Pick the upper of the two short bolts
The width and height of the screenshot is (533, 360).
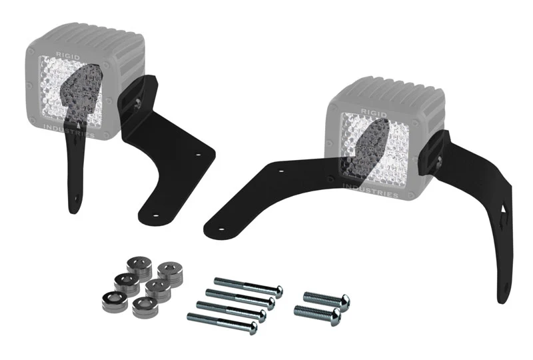coord(325,297)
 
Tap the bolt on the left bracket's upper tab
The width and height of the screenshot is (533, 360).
coord(135,101)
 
